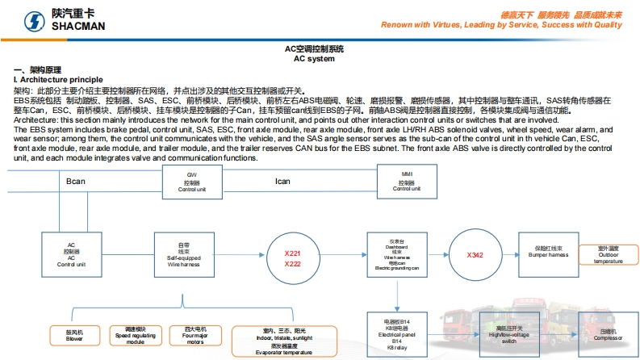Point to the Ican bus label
pos(282,182)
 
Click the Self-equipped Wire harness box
pos(182,253)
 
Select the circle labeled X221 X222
pos(292,259)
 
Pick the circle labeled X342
pos(475,255)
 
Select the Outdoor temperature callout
pos(608,254)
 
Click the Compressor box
pos(608,335)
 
